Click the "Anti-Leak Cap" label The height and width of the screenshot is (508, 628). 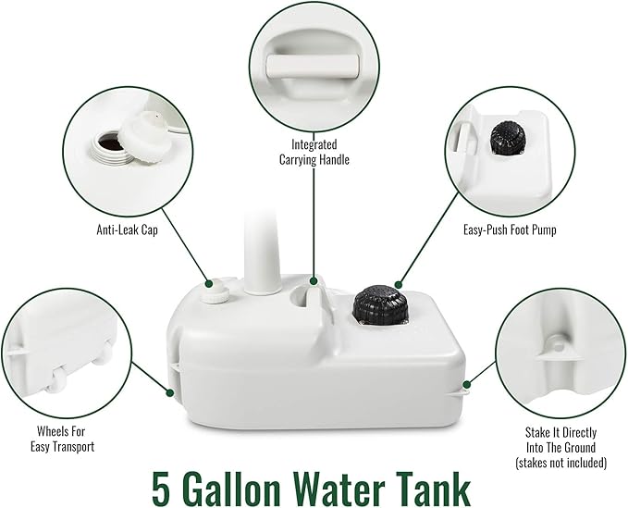pyautogui.click(x=127, y=229)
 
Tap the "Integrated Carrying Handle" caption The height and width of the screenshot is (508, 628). pyautogui.click(x=314, y=152)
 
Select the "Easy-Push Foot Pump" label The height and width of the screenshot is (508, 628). pyautogui.click(x=510, y=229)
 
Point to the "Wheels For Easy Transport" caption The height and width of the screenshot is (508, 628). pyautogui.click(x=62, y=439)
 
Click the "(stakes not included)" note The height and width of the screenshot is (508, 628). pyautogui.click(x=560, y=463)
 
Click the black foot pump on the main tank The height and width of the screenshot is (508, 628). pyautogui.click(x=380, y=303)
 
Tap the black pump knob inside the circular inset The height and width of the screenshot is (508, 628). pyautogui.click(x=509, y=137)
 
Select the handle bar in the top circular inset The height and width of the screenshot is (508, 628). pyautogui.click(x=313, y=65)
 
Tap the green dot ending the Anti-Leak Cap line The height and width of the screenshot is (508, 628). pyautogui.click(x=209, y=284)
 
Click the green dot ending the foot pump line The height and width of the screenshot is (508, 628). pyautogui.click(x=398, y=284)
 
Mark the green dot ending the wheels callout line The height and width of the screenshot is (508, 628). pyautogui.click(x=170, y=393)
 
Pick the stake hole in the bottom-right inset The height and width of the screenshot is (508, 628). pyautogui.click(x=558, y=343)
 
